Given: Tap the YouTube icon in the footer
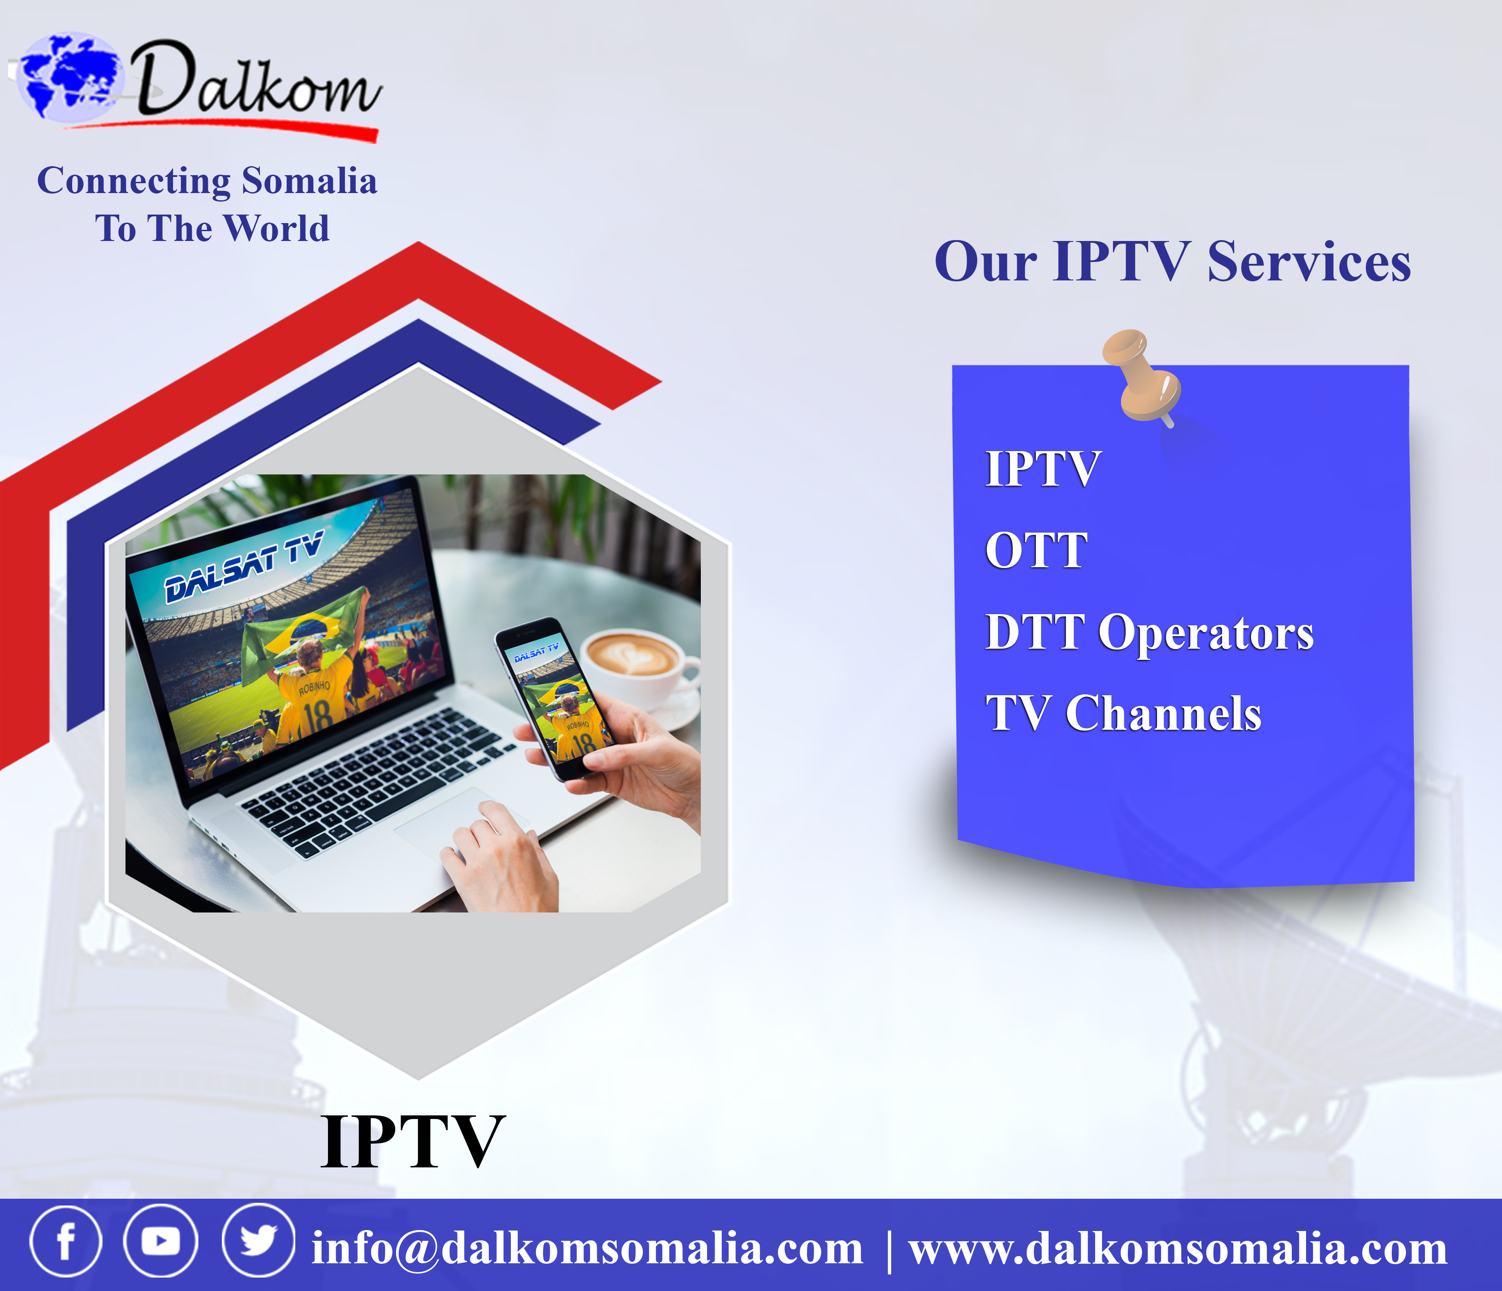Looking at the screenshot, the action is [161, 1241].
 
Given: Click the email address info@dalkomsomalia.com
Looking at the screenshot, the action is [587, 1248].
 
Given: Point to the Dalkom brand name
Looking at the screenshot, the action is [257, 80].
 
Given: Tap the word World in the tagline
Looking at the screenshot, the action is [276, 228].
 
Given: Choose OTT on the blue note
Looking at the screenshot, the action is [1036, 551].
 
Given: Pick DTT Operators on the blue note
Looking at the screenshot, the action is [1149, 633].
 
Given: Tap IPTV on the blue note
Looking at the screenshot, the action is [1043, 469].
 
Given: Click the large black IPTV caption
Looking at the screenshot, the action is [413, 1142].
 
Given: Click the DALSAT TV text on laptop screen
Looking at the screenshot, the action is [244, 567].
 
